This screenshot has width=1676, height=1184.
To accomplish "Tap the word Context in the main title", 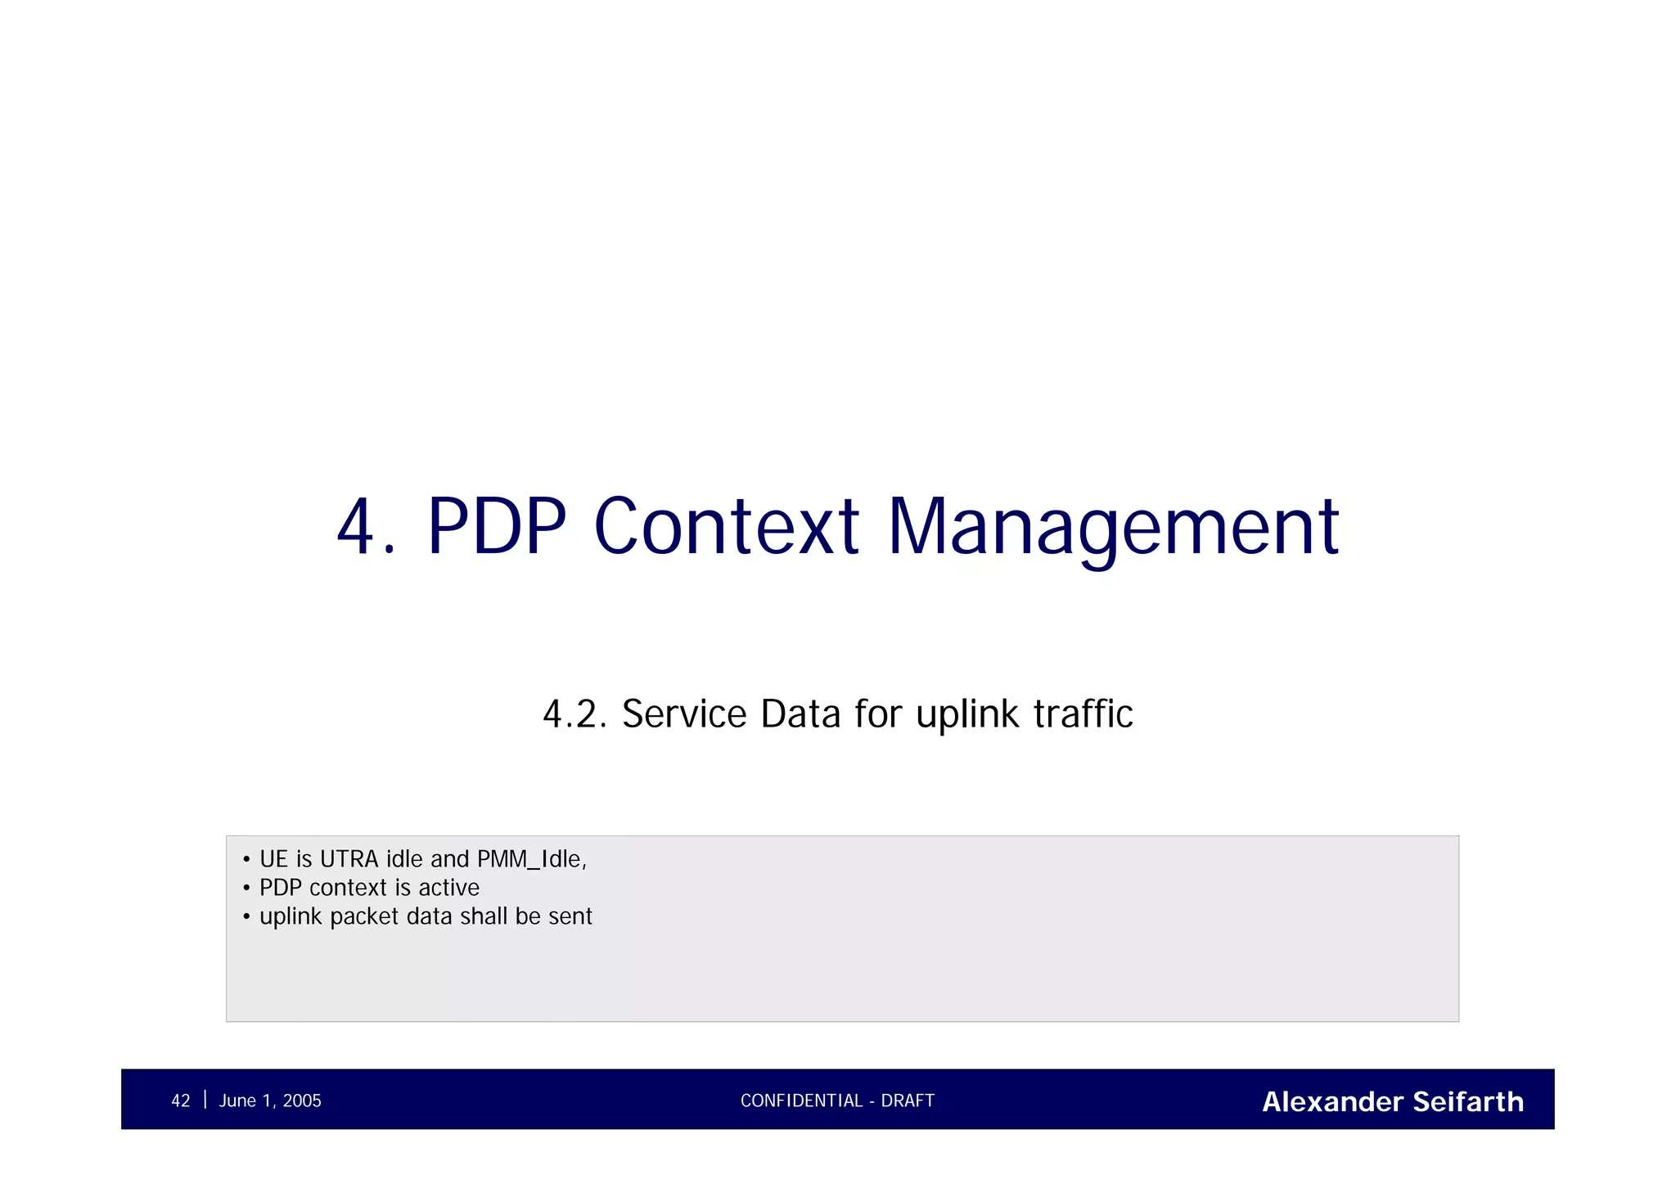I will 726,528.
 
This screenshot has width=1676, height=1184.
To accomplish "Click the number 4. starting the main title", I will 365,528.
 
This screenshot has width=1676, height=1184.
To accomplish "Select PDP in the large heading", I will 497,528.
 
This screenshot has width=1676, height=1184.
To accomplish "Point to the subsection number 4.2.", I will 574,714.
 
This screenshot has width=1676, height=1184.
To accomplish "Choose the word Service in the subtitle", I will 684,714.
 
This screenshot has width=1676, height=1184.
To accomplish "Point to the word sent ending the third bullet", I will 570,916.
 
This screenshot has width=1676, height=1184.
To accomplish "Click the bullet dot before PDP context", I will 246,889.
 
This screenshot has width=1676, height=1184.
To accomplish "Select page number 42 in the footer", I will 180,1101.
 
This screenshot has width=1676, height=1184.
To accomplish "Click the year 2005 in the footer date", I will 302,1101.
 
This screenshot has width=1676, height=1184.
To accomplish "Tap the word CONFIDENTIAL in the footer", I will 801,1101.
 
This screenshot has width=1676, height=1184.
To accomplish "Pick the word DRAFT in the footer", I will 908,1101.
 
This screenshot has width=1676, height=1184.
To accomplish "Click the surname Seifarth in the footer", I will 1468,1102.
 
